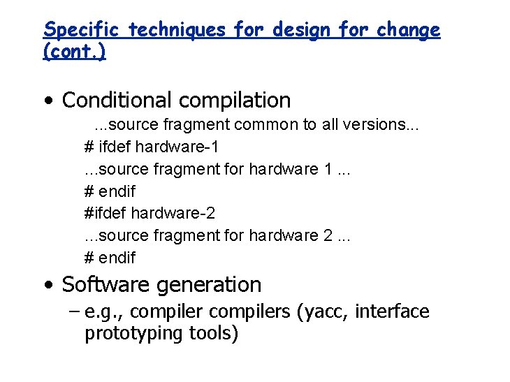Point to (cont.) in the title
coord(75,53)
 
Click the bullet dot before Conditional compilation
coord(47,101)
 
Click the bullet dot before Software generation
coord(47,286)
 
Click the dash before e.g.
coord(75,311)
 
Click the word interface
coord(392,311)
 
